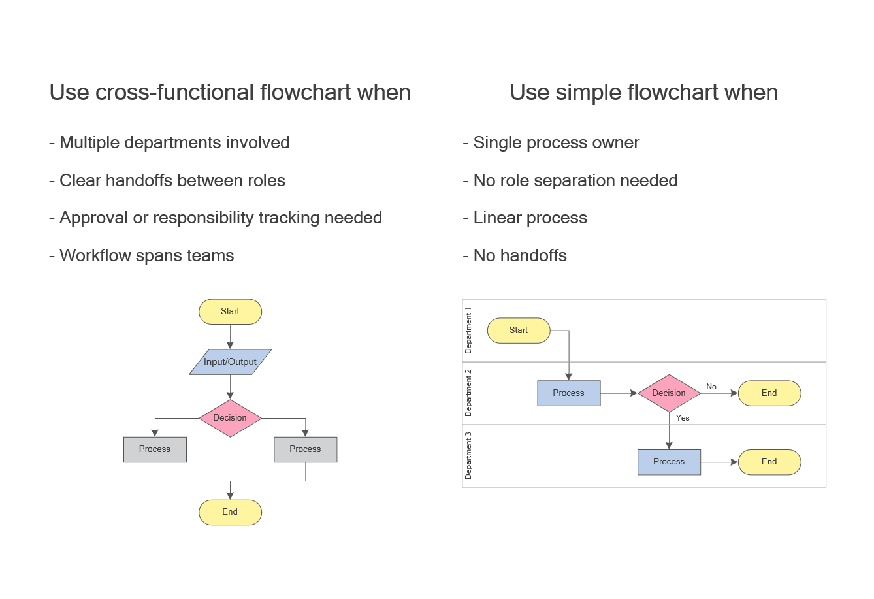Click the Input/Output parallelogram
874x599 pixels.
230,362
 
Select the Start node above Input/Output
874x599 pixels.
230,312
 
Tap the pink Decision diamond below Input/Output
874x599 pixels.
230,418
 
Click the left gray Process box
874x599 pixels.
155,449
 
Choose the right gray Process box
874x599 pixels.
305,449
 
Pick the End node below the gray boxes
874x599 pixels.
230,512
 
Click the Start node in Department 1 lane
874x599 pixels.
519,331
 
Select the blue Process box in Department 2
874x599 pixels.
568,393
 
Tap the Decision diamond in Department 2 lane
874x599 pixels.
669,393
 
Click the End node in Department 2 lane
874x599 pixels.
769,393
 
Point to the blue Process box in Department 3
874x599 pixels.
669,462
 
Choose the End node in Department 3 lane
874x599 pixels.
769,462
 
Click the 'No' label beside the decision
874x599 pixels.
711,387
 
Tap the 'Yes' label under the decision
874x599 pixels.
683,418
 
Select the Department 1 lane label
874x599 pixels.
468,331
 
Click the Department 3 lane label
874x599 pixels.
468,456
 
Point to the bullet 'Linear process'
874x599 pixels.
530,218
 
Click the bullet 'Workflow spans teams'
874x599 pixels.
146,255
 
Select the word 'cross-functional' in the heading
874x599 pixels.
175,93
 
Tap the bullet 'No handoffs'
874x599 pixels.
520,255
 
